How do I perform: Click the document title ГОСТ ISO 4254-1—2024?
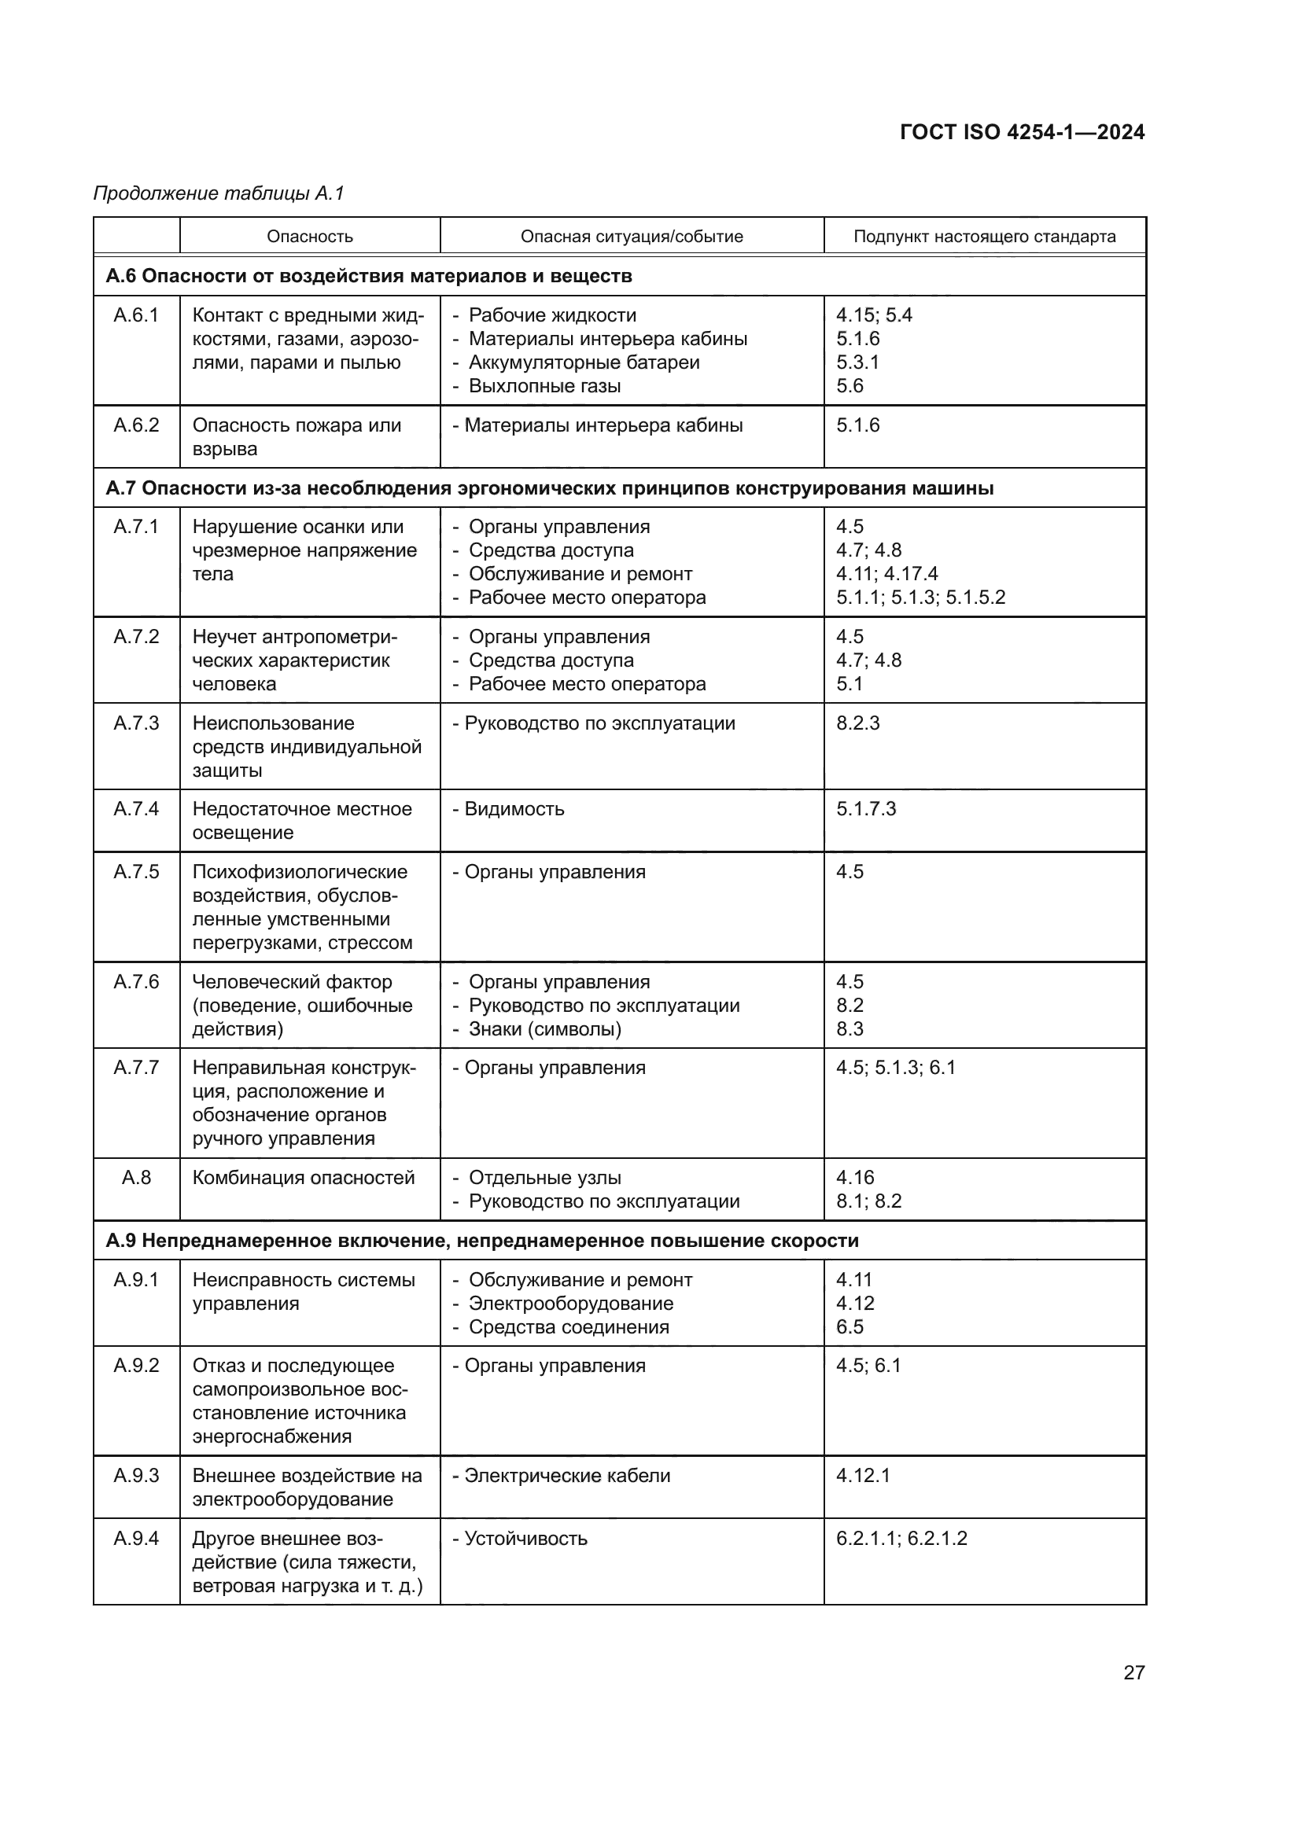(1022, 132)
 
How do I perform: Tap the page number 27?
(1133, 1672)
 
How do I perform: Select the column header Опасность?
(309, 237)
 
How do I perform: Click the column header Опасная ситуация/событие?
(632, 237)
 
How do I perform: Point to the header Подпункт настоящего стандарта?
(984, 237)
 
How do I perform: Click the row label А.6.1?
(136, 315)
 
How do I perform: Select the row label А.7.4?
(136, 809)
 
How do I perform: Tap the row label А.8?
(136, 1178)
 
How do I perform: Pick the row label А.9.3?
(136, 1475)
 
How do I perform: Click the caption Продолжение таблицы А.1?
(219, 193)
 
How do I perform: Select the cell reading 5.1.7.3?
(866, 809)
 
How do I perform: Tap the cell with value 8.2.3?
(858, 723)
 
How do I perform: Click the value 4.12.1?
(863, 1475)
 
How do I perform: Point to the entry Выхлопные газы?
(545, 386)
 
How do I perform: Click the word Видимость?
(514, 809)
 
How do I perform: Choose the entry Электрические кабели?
(567, 1475)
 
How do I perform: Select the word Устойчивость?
(525, 1539)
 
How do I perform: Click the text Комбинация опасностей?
(304, 1178)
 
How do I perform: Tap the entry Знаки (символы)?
(545, 1029)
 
